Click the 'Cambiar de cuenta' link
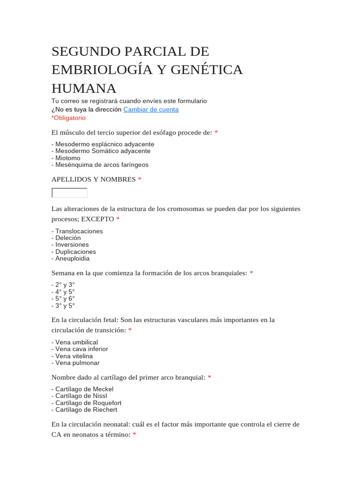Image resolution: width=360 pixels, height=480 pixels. (x=150, y=109)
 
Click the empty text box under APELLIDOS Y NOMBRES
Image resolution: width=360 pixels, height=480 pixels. (x=69, y=193)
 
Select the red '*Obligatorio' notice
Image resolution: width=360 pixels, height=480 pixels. (x=68, y=118)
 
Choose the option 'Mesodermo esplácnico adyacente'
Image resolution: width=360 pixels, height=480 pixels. (x=105, y=144)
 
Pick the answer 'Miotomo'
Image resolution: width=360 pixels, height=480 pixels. (x=67, y=158)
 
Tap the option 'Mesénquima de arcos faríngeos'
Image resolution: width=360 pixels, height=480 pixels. (x=102, y=165)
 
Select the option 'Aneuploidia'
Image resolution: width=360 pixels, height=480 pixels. (x=72, y=258)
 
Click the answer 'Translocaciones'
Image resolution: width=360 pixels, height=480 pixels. (x=79, y=231)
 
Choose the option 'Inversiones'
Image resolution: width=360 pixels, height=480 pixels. (x=72, y=245)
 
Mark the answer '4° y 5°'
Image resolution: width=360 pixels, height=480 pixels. (x=65, y=292)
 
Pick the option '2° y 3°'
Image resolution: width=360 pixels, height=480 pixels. (x=65, y=285)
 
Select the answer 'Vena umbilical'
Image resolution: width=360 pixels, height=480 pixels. (x=76, y=342)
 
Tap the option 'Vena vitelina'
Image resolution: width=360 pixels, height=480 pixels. (x=74, y=356)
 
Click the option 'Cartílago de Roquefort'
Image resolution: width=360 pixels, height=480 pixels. (x=88, y=403)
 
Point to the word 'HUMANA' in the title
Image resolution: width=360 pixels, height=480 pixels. (x=84, y=88)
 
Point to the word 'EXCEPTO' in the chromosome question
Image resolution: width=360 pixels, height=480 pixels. (x=97, y=219)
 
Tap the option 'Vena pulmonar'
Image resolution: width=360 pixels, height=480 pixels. (x=77, y=363)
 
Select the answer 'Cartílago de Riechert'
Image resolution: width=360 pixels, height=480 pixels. (x=86, y=410)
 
